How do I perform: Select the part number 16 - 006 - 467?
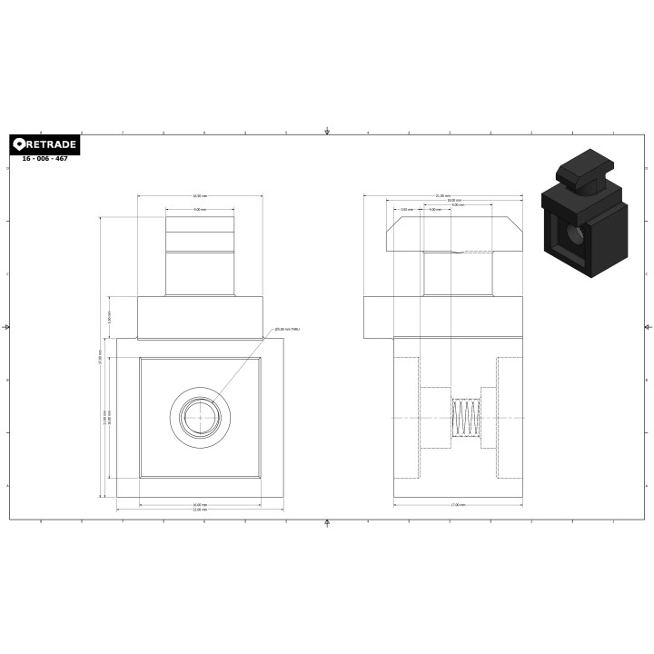45,159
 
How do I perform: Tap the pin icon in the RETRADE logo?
20,145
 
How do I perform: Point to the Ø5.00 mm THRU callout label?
287,330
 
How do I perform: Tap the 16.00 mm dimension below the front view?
199,505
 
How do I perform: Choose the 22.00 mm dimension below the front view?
199,510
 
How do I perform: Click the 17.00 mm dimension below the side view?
459,505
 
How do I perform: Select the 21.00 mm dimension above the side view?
442,196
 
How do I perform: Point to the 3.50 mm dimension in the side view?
408,210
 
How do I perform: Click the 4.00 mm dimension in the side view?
435,210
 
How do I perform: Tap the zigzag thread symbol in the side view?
464,418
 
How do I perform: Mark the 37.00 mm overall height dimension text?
100,358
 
